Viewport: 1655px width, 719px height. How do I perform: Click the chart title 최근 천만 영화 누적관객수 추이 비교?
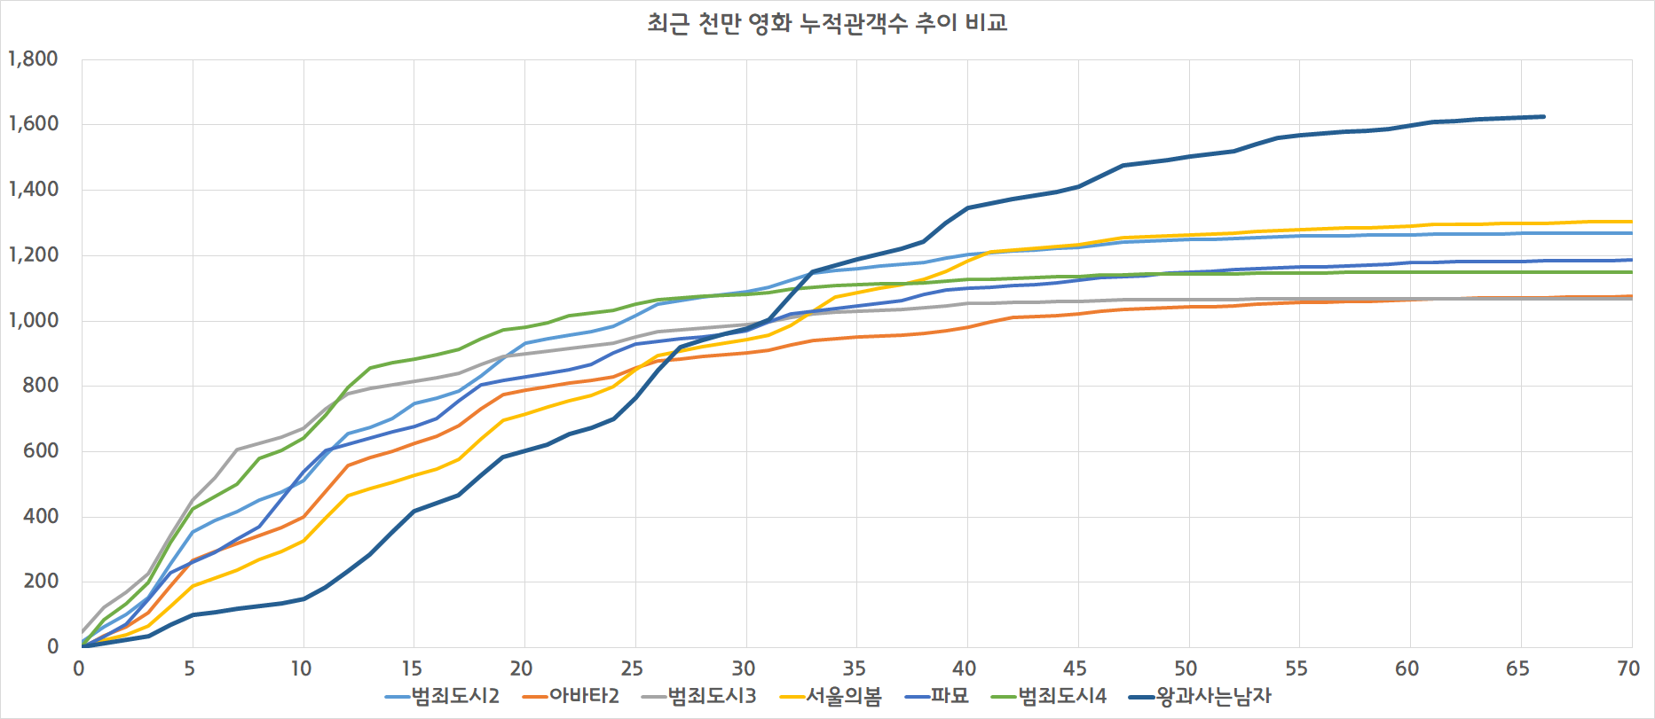(x=827, y=23)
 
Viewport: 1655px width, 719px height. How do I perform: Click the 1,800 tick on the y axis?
(x=34, y=59)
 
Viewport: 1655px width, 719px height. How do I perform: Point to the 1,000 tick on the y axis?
(x=34, y=321)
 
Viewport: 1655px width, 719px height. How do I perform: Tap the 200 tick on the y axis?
(x=41, y=582)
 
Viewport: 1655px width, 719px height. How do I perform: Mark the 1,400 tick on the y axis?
(x=34, y=190)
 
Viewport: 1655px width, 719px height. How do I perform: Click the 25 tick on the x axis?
(x=632, y=668)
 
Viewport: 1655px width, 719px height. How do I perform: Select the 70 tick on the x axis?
(x=1628, y=668)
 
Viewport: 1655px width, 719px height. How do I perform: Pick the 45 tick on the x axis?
(x=1075, y=668)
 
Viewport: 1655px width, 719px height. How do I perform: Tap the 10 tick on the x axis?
(x=301, y=668)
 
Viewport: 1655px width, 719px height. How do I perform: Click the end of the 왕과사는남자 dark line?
(x=1543, y=116)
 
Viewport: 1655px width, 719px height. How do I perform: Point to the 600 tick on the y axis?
(x=41, y=451)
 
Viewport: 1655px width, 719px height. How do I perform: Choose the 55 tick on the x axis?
(x=1296, y=668)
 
